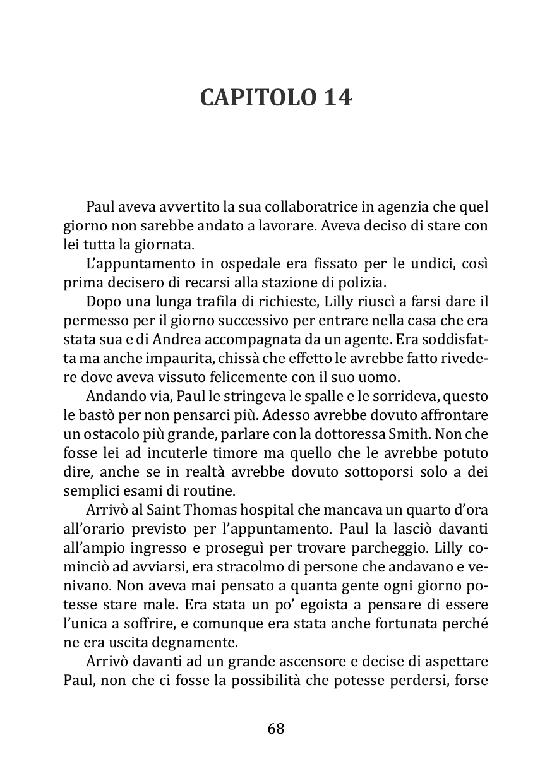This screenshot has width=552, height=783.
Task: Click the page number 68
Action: click(276, 729)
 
